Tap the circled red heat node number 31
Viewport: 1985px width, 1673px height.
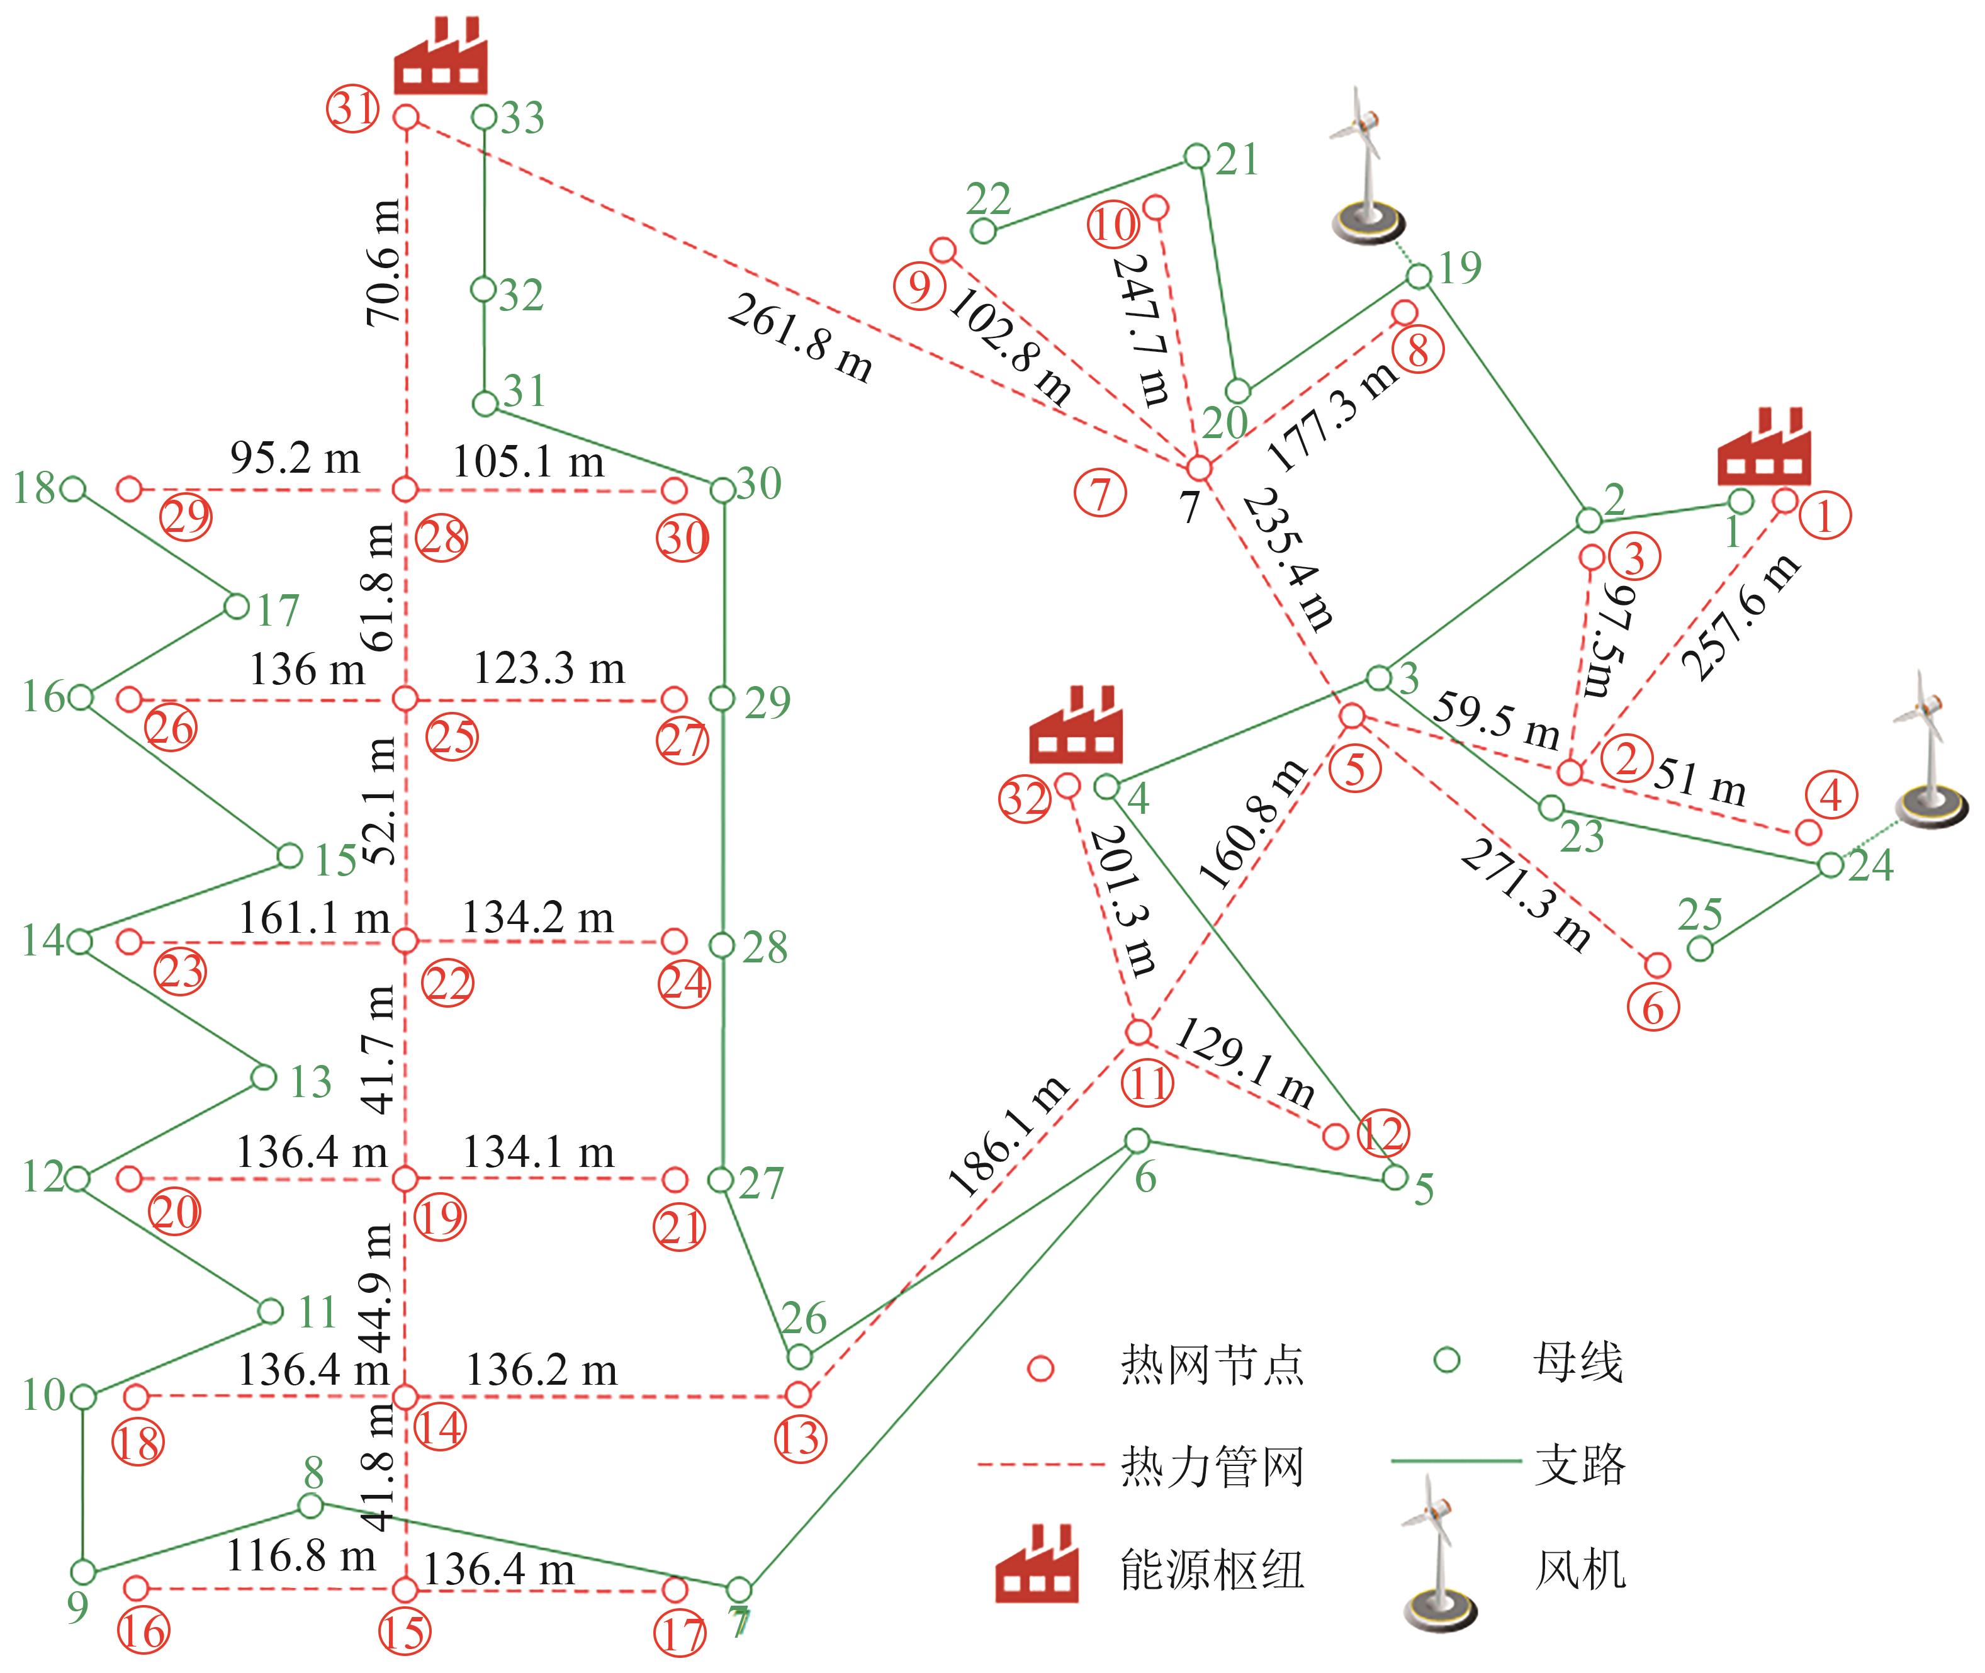point(354,108)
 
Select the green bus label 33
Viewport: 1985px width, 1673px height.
point(522,118)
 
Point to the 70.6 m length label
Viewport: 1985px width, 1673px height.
point(383,262)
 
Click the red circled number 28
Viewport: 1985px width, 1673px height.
point(442,539)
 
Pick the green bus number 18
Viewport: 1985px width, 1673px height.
point(34,488)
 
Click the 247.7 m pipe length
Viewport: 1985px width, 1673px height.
point(1141,329)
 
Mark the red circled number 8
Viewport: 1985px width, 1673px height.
point(1418,350)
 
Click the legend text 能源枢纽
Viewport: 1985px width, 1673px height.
point(1212,1570)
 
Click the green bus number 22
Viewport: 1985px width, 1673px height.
point(989,199)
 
